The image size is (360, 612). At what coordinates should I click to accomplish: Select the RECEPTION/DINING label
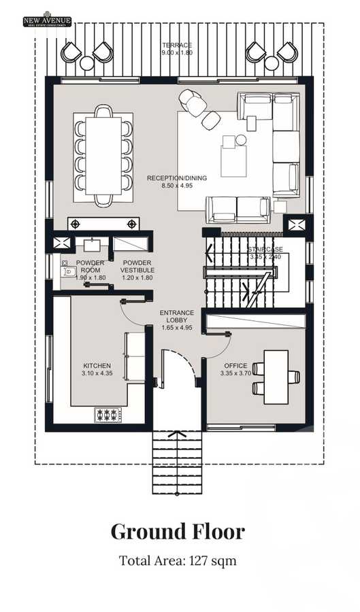tap(177, 178)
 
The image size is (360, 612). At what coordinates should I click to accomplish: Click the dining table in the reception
tap(103, 155)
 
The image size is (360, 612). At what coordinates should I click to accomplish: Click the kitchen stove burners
tap(108, 413)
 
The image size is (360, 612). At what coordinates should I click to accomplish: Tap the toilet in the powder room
tap(68, 271)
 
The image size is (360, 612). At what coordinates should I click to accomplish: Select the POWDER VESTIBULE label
tap(137, 267)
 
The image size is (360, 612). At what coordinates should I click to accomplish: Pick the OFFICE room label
tap(235, 365)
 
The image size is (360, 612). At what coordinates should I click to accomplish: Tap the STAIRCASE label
tap(265, 250)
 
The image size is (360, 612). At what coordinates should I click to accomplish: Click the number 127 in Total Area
tap(202, 561)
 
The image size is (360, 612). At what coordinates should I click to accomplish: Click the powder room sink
tap(93, 245)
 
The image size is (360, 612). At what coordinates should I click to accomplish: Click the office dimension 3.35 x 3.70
tap(235, 374)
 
